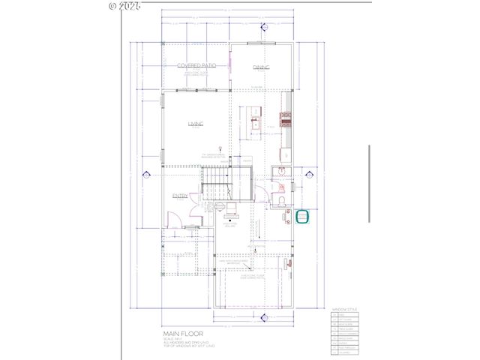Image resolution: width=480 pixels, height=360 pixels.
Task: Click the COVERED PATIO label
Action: (196, 66)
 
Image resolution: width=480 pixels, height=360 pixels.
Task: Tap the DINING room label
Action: (260, 67)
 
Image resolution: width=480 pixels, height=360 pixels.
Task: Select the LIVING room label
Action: (196, 124)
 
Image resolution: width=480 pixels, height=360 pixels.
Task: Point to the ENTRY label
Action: (180, 196)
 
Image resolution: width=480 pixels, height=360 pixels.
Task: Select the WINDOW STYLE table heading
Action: (345, 308)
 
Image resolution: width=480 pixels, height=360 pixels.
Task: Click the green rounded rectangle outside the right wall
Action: (303, 217)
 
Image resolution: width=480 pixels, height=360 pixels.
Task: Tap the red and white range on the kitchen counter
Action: (286, 116)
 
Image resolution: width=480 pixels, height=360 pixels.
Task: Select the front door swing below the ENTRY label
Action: (174, 220)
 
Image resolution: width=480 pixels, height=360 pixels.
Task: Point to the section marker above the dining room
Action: (264, 28)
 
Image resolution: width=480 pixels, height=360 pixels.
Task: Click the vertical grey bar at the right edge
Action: (369, 183)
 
